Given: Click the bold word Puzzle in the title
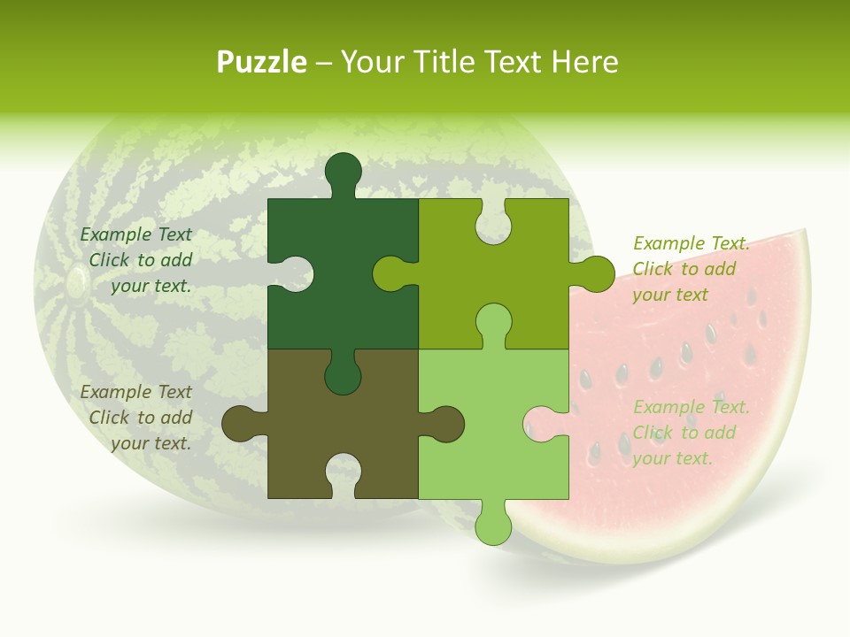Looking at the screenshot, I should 262,62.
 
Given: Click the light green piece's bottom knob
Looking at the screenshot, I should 493,522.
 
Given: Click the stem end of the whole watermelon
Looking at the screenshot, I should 76,282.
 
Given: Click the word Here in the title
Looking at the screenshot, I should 584,62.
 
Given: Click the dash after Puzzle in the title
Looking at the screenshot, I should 323,62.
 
